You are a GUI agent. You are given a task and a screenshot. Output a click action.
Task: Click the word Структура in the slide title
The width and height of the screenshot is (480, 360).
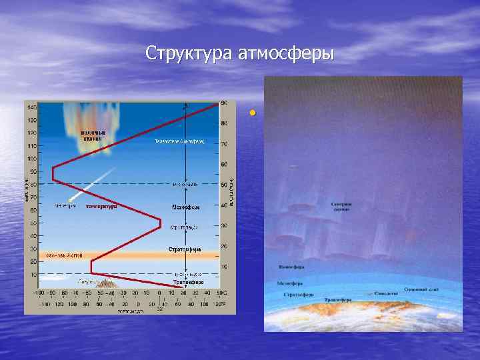[x=188, y=53]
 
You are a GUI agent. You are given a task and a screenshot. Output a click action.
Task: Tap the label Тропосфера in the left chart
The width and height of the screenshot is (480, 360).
[x=188, y=283]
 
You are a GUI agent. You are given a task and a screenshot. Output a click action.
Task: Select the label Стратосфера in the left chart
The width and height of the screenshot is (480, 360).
[x=185, y=250]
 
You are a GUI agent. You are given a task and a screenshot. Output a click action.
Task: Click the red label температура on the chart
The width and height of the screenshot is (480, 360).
[x=102, y=206]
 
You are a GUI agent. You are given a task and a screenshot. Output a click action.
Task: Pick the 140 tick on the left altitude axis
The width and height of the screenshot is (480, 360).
[x=31, y=107]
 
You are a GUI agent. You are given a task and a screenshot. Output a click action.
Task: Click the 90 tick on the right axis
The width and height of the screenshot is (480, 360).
[x=224, y=103]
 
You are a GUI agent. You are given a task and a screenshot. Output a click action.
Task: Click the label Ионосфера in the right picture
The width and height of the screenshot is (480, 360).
[x=287, y=267]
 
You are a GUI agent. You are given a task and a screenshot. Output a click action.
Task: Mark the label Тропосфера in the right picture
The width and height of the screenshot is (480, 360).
[x=338, y=300]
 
